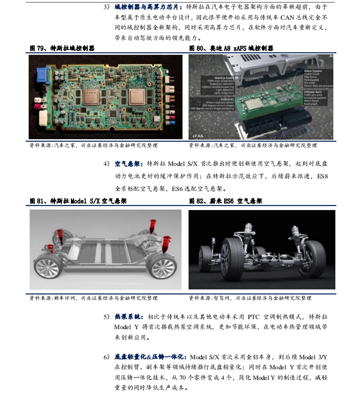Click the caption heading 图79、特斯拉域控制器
(x=62, y=48)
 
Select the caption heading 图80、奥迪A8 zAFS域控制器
(x=231, y=48)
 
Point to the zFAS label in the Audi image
(x=197, y=135)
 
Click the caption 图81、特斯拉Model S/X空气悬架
(x=78, y=201)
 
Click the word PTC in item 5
(x=252, y=318)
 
